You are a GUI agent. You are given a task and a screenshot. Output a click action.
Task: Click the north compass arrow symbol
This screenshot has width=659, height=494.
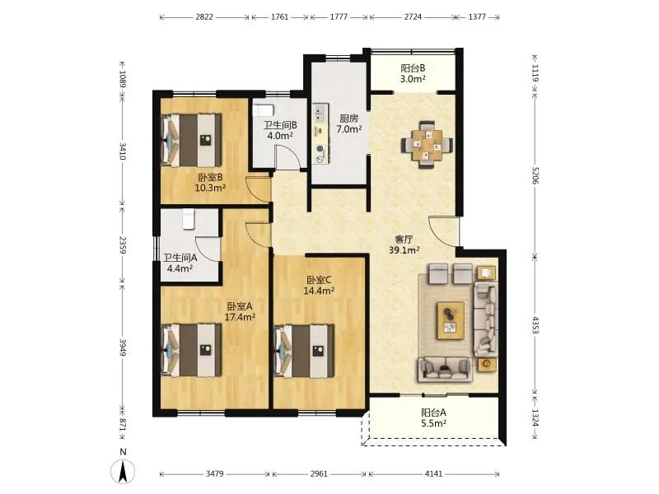[x=123, y=471]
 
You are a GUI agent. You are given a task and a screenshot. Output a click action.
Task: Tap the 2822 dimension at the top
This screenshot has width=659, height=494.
[x=204, y=17]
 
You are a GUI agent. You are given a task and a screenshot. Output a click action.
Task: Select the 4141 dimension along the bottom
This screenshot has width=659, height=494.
[x=433, y=474]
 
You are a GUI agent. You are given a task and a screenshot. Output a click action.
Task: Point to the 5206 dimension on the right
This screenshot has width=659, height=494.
[x=535, y=175]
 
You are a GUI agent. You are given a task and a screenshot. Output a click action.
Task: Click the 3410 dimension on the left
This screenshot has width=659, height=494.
[x=122, y=151]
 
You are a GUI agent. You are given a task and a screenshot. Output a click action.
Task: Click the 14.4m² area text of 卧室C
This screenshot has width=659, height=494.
[x=319, y=291]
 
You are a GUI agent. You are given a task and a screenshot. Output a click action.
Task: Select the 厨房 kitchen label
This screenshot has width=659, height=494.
[x=348, y=119]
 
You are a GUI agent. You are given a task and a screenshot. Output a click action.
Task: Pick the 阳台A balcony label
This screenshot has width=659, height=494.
[x=434, y=412]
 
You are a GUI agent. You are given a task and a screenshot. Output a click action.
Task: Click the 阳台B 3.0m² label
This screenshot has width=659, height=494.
[x=413, y=73]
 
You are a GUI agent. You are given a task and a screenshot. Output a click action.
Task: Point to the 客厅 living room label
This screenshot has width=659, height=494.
[x=404, y=240]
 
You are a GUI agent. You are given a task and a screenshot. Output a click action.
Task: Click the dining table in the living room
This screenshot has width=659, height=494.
[x=427, y=145]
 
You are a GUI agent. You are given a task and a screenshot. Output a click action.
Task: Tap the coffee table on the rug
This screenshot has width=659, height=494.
[x=451, y=320]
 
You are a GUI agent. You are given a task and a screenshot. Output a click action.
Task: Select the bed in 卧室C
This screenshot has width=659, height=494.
[x=304, y=351]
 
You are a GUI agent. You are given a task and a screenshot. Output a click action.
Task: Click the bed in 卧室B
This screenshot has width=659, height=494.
[x=192, y=140]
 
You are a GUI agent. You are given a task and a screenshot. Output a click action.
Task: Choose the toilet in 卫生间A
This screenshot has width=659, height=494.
[x=189, y=219]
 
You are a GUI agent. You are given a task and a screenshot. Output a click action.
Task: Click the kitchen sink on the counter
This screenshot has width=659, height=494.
[x=320, y=113]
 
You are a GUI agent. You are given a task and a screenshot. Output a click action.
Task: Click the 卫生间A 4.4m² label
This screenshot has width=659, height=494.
[x=180, y=263]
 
